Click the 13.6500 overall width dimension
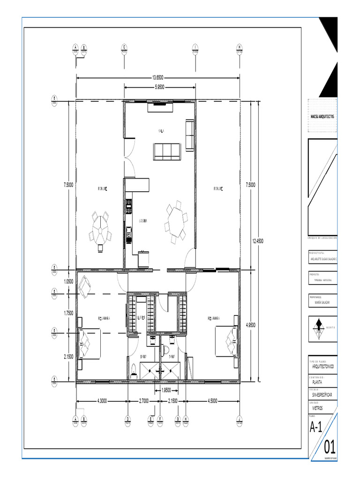coord(157,78)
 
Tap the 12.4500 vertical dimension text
coord(258,241)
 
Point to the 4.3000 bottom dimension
coord(102,401)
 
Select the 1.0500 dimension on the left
coord(68,282)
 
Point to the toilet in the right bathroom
coord(166,349)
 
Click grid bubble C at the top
coord(124,48)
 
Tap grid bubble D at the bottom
coord(127,420)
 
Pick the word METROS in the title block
coord(317,408)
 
